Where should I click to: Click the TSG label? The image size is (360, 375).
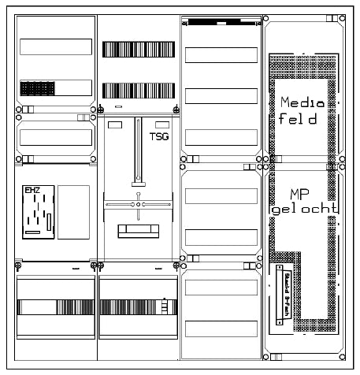tap(159, 136)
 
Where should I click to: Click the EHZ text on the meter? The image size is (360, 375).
tap(32, 190)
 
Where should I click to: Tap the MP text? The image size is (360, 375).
tap(298, 194)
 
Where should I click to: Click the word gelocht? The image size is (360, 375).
tap(302, 210)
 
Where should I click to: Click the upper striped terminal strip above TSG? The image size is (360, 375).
tap(135, 49)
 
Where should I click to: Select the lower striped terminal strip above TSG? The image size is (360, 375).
tap(135, 90)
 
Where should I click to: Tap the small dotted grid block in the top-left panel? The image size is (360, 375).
tap(38, 87)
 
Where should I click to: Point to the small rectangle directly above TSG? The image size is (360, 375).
tap(161, 124)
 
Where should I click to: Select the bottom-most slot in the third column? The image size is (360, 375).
tap(221, 328)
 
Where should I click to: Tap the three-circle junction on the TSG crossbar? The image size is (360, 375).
tap(138, 205)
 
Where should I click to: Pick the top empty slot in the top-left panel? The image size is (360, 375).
tap(55, 46)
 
